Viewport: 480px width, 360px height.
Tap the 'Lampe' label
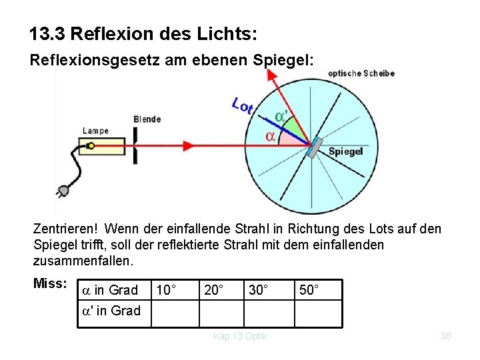click(x=95, y=131)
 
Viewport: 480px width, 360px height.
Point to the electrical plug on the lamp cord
click(x=63, y=192)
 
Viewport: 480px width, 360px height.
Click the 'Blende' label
click(x=147, y=119)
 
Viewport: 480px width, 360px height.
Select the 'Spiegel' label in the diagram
click(x=345, y=151)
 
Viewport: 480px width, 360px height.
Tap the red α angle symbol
click(x=271, y=136)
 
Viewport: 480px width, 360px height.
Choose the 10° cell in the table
click(x=165, y=290)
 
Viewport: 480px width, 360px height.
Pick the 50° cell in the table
click(x=309, y=290)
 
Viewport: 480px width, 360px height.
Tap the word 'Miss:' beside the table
click(x=49, y=284)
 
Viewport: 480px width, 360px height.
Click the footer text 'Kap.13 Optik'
click(x=240, y=337)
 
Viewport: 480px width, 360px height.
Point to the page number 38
click(x=446, y=337)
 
